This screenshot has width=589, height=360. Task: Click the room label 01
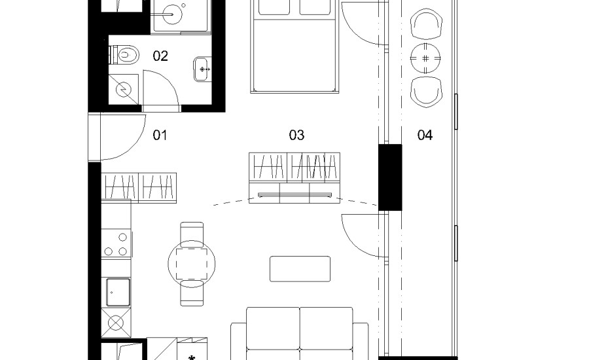click(x=160, y=135)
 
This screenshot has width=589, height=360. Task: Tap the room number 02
click(x=160, y=56)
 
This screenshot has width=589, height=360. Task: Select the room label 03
click(x=296, y=135)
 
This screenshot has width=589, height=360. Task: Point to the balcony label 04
click(x=425, y=135)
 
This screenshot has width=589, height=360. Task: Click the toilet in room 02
click(x=124, y=55)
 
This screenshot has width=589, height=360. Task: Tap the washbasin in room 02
click(x=203, y=69)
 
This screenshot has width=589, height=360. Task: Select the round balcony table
click(x=425, y=58)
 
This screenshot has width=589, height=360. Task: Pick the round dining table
click(x=192, y=264)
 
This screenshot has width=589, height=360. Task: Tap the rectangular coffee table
click(x=300, y=268)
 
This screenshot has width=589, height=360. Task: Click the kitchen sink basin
click(x=118, y=292)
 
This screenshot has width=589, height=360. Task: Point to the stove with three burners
click(x=116, y=243)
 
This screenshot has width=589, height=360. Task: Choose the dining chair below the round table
click(x=192, y=293)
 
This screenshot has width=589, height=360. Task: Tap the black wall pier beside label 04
click(x=390, y=177)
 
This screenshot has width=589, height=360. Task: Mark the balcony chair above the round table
click(x=425, y=24)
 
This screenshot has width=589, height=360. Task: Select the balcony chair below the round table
click(x=425, y=92)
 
